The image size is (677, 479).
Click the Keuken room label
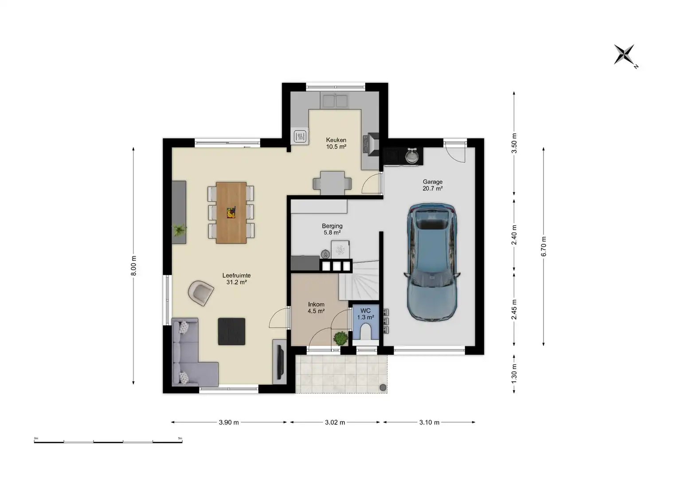[x=336, y=143]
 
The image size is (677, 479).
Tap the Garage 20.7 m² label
[x=433, y=185]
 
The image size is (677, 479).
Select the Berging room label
[x=332, y=229]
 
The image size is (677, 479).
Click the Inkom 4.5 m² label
[x=316, y=307]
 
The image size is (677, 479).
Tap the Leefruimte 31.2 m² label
[x=236, y=279]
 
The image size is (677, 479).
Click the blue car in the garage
[x=432, y=262]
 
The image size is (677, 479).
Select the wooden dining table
[x=231, y=212]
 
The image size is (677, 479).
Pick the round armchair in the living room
[x=201, y=293]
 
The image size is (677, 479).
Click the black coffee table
[x=231, y=331]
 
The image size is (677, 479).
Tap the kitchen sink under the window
[x=335, y=101]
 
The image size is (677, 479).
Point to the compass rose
[x=624, y=55]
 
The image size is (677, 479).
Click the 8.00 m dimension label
[x=133, y=266]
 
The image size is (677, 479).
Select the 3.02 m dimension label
[x=335, y=422]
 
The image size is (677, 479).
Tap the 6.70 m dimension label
[x=544, y=246]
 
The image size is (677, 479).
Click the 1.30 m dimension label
[x=514, y=374]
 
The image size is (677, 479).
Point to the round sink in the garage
[x=411, y=156]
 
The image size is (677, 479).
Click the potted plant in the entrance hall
[x=340, y=338]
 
